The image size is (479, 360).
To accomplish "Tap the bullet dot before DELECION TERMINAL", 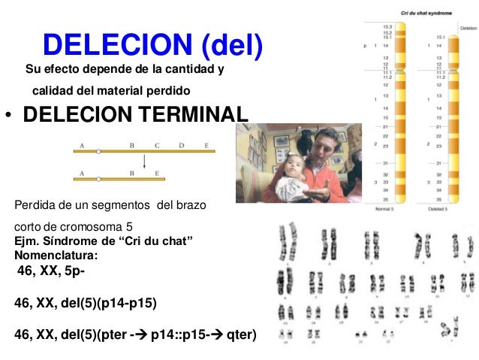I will [7, 116].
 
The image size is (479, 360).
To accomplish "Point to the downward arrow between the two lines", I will [144, 162].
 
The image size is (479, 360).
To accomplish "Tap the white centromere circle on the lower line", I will [98, 179].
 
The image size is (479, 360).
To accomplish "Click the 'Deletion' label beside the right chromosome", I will [468, 28].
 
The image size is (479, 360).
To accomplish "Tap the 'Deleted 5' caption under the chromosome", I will [437, 208].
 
